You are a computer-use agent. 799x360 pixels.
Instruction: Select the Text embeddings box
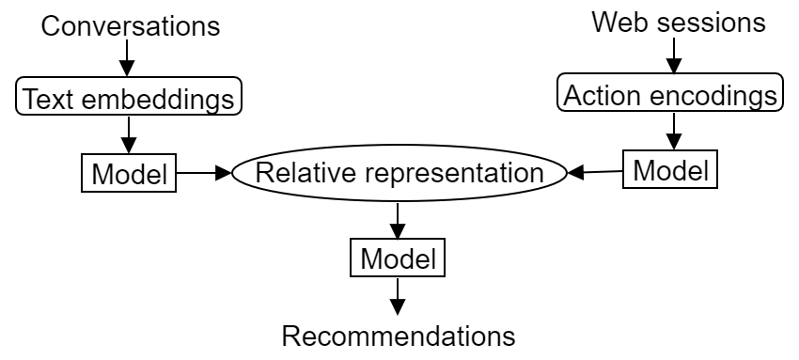point(129,97)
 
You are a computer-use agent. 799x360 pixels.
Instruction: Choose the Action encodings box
point(670,94)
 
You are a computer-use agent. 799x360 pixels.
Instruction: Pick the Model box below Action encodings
point(669,170)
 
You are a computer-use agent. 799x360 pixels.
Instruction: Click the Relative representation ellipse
point(399,173)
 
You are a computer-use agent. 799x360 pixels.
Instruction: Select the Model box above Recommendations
point(399,258)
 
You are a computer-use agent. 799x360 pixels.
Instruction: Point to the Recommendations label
point(399,336)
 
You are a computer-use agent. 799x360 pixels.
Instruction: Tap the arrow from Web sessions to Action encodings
point(670,57)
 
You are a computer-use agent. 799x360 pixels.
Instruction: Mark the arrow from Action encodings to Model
point(670,133)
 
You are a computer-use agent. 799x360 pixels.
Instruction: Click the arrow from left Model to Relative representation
point(201,173)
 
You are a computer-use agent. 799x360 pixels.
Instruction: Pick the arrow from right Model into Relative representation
point(598,172)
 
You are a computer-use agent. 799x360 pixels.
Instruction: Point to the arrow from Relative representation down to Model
point(399,220)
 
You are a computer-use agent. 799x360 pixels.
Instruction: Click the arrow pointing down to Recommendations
point(399,297)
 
